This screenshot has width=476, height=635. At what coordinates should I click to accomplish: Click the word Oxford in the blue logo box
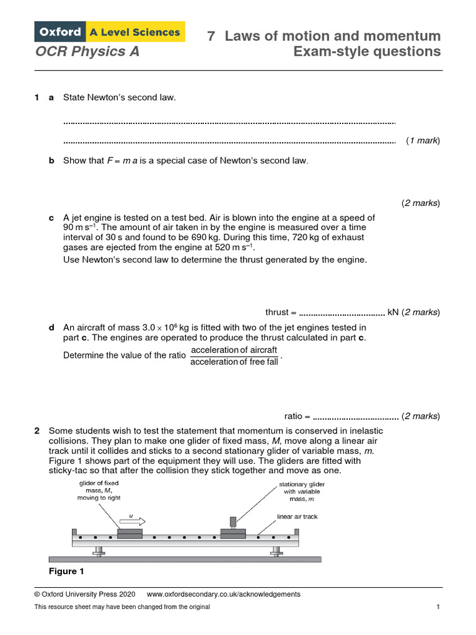coord(61,31)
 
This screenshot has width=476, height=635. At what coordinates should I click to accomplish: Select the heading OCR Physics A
coord(87,51)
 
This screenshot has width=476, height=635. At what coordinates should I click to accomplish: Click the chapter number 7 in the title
coord(211,36)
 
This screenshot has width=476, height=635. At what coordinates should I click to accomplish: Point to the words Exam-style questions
coord(367,51)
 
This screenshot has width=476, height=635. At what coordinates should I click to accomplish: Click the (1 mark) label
coord(423,141)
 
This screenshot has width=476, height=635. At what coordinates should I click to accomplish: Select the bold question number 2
coord(37,430)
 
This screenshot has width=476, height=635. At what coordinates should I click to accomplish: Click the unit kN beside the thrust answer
coord(393,313)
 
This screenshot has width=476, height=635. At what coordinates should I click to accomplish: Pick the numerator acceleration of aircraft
coord(234,350)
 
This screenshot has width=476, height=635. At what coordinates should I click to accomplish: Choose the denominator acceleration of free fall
coord(234,362)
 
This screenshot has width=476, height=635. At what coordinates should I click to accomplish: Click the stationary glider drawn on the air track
coord(233,533)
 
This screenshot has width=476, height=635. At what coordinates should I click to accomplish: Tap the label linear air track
coord(297,517)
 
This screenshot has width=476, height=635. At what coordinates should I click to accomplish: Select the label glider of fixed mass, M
coord(99,490)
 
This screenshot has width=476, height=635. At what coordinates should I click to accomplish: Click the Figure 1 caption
coord(66,571)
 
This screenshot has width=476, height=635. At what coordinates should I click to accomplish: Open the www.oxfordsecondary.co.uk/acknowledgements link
coord(224,594)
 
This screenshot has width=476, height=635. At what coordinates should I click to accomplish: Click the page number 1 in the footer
coord(438,607)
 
